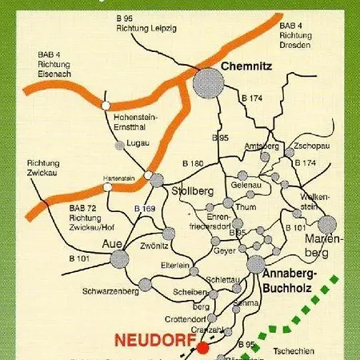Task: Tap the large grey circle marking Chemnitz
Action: tap(209, 82)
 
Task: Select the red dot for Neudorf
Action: tap(203, 347)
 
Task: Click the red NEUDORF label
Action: tap(156, 340)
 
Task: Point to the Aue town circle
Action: tap(120, 258)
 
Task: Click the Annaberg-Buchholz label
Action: tap(290, 281)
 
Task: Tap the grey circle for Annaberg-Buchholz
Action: tap(255, 265)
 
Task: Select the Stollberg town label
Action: tap(192, 190)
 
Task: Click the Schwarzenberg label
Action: tap(110, 292)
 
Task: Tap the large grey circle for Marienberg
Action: tap(327, 225)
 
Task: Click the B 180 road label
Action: tap(193, 163)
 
